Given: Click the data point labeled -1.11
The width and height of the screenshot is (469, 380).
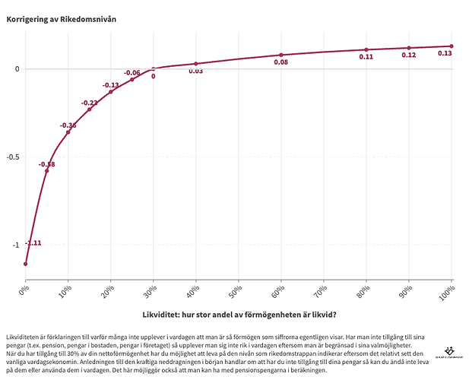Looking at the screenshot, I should point(25,264).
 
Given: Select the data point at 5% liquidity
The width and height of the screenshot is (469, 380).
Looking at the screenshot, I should point(46,171).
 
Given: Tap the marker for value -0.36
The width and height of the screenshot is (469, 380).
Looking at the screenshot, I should point(68,132).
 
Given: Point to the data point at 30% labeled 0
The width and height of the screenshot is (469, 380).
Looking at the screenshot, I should point(154,69).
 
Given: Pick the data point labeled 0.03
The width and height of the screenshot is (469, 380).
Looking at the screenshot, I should point(196,64).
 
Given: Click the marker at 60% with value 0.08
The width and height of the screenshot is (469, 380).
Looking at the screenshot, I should point(281,55).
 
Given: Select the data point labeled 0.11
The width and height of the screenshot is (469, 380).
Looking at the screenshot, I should point(366,50).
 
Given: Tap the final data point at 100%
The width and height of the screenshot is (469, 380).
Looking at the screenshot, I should point(452,46).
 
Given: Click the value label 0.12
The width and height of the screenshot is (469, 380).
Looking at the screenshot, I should point(409,55).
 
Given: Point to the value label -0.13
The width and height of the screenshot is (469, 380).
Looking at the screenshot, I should point(111,85).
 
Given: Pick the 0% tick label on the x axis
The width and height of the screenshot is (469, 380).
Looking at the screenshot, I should point(24,290).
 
